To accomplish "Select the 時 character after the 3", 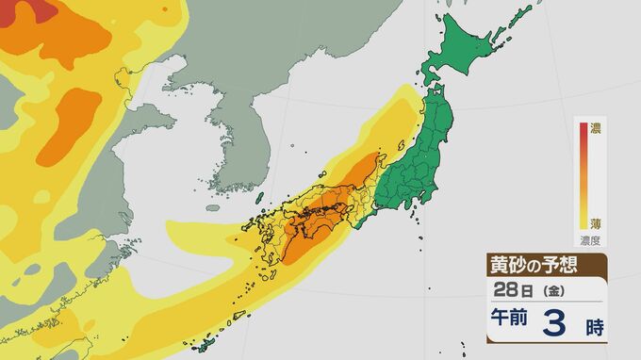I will [593, 329].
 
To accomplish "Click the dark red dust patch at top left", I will [38, 11].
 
